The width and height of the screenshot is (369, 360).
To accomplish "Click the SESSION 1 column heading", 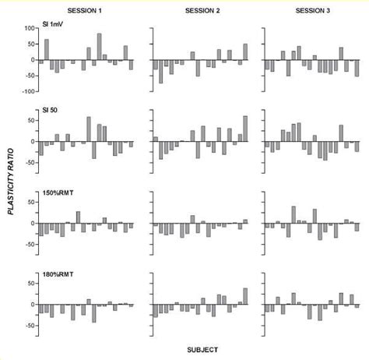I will (x=86, y=9).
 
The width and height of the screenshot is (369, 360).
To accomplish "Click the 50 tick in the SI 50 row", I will (x=32, y=120).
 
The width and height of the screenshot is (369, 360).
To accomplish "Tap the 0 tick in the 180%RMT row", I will (x=34, y=303).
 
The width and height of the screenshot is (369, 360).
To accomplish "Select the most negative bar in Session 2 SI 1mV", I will (x=161, y=72).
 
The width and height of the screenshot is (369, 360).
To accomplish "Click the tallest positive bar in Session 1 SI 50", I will (x=89, y=129).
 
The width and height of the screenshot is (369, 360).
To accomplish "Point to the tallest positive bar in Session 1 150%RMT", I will (x=78, y=217).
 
